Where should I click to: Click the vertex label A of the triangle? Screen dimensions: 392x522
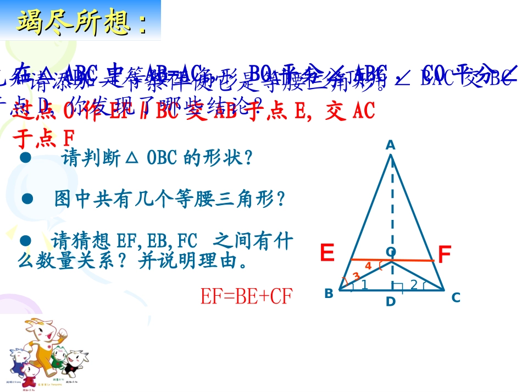390,145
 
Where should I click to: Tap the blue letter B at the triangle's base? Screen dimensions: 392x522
329,294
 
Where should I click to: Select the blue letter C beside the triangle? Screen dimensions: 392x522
456,297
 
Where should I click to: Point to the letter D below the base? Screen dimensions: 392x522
390,302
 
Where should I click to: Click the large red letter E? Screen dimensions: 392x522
327,253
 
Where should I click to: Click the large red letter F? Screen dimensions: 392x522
444,255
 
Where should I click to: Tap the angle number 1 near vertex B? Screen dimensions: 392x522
363,284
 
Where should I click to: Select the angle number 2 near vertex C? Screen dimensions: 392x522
413,284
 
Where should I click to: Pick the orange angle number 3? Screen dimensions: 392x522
356,276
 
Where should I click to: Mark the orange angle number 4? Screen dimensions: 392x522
368,266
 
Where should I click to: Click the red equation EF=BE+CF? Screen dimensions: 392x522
247,297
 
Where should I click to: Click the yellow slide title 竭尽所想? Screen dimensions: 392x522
82,23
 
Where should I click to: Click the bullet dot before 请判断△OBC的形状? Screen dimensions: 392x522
24,157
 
